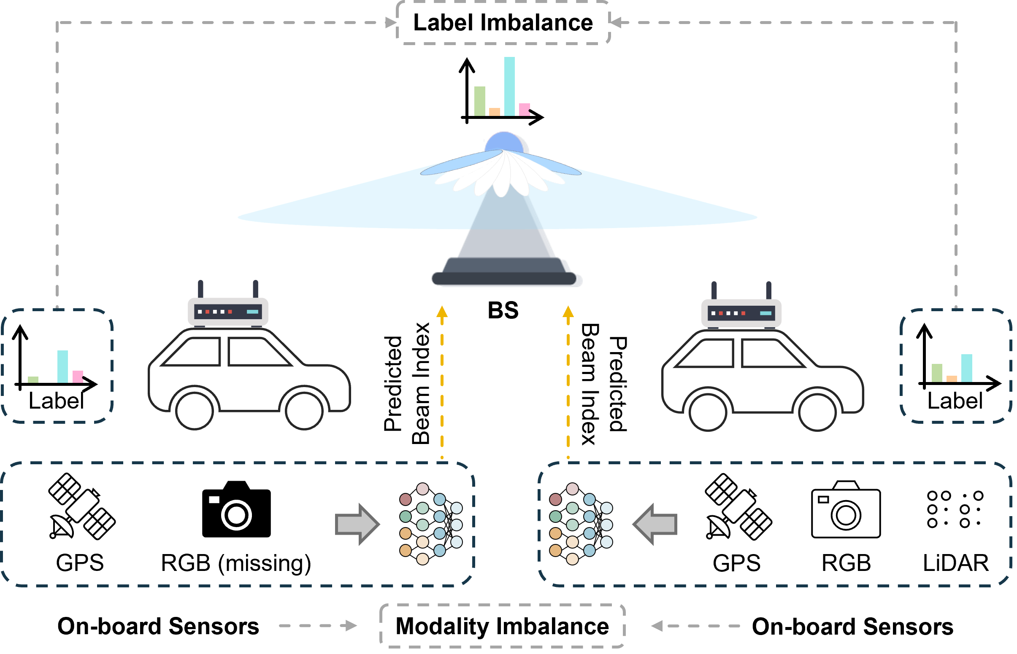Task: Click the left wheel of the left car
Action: tap(194, 411)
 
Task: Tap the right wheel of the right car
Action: tap(817, 412)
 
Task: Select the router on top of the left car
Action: tap(228, 312)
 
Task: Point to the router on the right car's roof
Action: tap(741, 313)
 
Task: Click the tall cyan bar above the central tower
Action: tap(509, 86)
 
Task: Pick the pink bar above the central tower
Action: tap(524, 110)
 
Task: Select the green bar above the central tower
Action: tap(479, 101)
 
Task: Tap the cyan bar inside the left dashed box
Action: tap(62, 366)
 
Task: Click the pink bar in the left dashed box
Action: tap(78, 377)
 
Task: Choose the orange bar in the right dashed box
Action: tap(952, 379)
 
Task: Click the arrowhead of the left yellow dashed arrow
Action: tap(442, 312)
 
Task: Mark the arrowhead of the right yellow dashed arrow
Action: tap(568, 312)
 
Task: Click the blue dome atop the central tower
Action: tap(505, 142)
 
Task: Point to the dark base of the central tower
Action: tap(504, 278)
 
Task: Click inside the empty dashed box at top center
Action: tap(503, 22)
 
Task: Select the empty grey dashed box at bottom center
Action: tap(502, 626)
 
